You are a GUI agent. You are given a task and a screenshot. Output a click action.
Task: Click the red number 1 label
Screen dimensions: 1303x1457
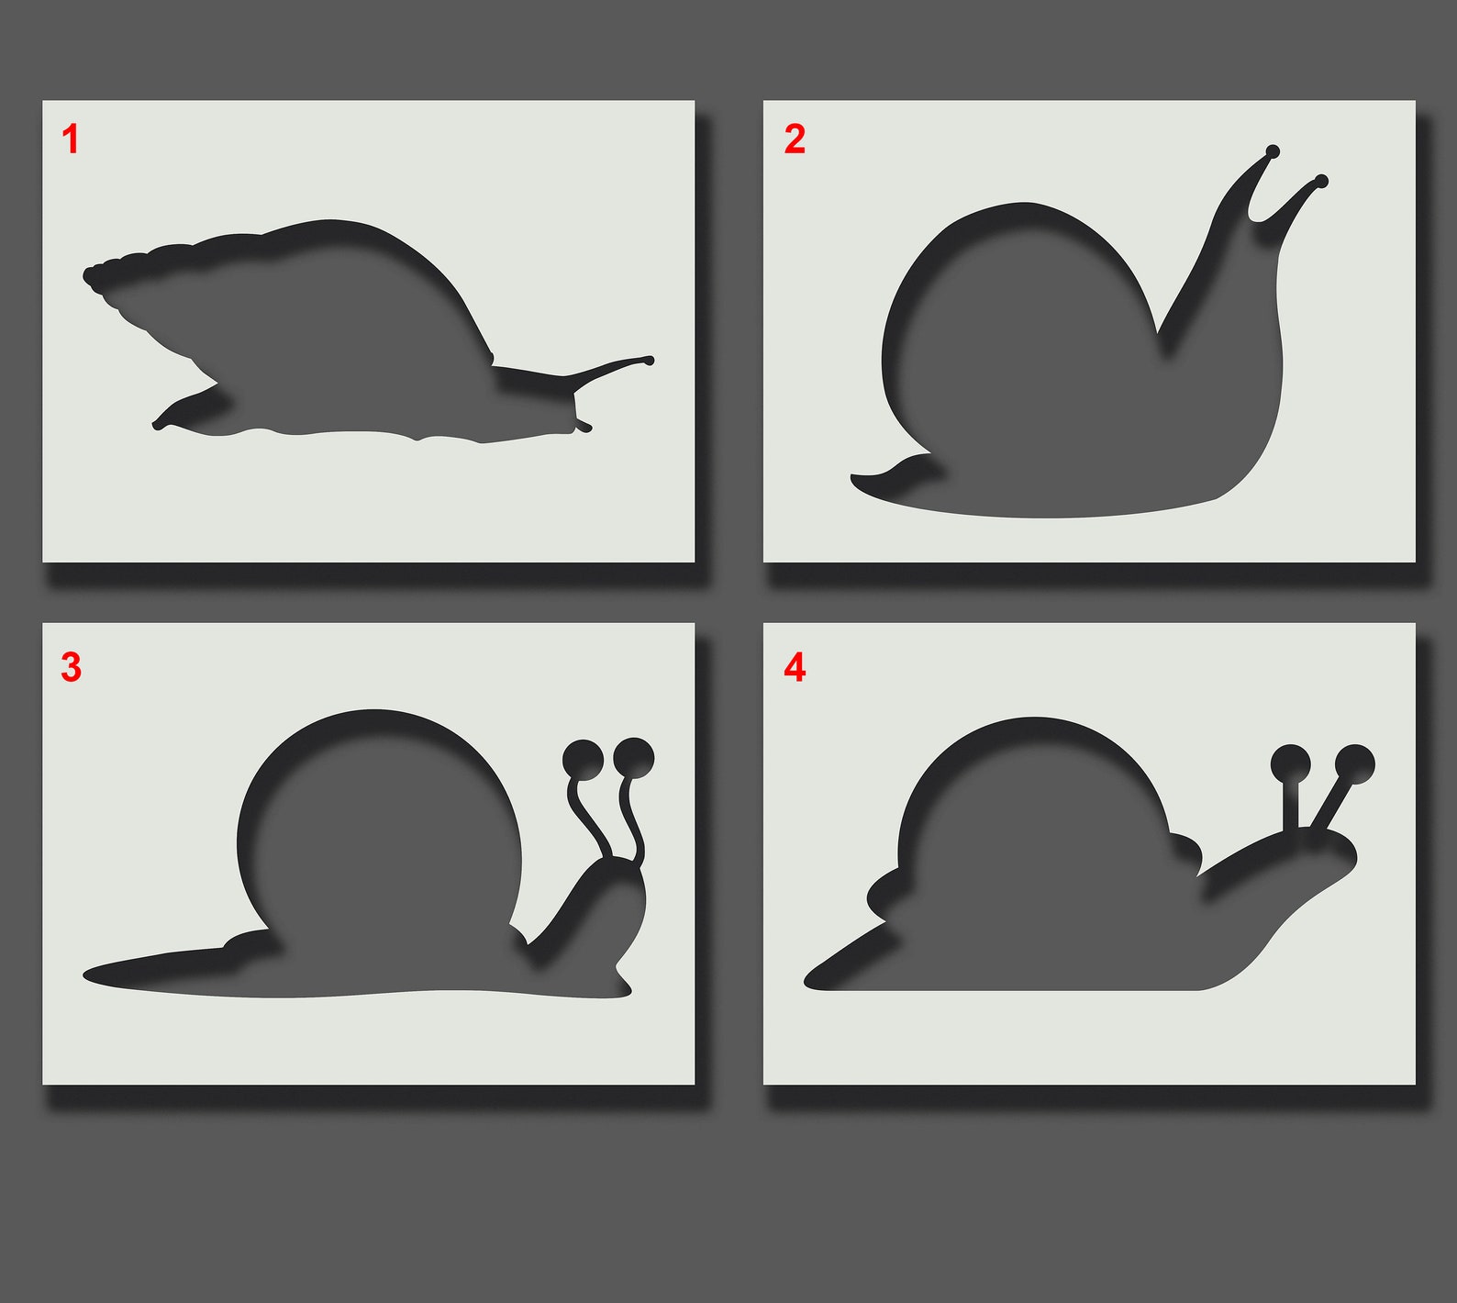click(x=71, y=140)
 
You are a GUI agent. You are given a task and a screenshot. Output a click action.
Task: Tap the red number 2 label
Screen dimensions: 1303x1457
click(x=795, y=139)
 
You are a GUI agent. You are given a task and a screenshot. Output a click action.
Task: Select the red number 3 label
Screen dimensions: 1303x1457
click(x=72, y=667)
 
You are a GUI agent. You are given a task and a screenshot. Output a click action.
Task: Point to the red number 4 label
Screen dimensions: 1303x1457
click(x=795, y=667)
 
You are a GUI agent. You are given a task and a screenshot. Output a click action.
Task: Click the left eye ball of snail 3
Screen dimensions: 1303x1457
click(x=583, y=759)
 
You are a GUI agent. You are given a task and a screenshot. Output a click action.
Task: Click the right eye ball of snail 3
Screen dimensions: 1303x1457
click(x=633, y=758)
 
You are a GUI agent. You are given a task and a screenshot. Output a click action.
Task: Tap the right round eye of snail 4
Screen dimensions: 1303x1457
click(x=1354, y=764)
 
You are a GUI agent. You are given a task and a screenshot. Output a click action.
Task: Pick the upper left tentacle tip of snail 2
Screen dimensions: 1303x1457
click(x=1273, y=151)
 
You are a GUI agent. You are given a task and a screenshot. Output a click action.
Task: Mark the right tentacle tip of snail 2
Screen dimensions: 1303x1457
click(x=1321, y=181)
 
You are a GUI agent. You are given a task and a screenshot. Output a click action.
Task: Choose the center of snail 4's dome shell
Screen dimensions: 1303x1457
click(x=1035, y=835)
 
